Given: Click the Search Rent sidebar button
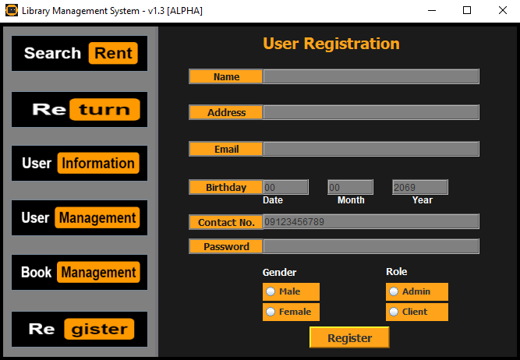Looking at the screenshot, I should tap(80, 53).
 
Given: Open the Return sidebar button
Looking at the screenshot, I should tap(80, 109).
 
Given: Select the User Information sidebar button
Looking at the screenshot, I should tap(80, 163).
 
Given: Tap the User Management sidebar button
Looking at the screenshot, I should tap(80, 217).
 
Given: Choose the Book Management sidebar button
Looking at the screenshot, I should tap(80, 272).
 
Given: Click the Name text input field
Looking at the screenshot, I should tap(370, 76).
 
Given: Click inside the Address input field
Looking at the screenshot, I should tap(370, 112).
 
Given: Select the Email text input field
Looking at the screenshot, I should tap(370, 149).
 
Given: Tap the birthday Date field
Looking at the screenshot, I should tap(285, 187).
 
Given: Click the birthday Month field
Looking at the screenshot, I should tap(350, 187).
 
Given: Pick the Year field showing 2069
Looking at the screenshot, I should tap(419, 187).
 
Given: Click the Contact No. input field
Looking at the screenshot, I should tap(370, 222).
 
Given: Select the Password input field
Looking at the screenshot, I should tap(370, 246).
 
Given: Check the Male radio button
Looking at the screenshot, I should tap(271, 291).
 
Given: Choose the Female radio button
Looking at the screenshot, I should tap(271, 312).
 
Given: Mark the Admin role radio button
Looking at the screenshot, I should tap(394, 291).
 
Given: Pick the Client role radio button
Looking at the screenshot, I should tap(394, 312).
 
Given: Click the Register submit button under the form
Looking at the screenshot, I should tap(349, 337).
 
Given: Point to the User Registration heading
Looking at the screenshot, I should tap(331, 44).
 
